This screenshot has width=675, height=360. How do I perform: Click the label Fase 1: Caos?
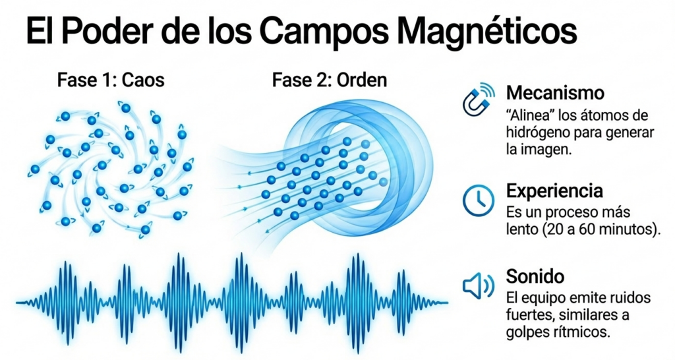(111, 82)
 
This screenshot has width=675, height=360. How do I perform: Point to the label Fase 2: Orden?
(330, 82)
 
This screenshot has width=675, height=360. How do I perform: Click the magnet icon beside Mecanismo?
(479, 100)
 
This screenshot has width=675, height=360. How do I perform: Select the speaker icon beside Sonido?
(479, 285)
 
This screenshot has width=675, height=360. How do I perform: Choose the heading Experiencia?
(554, 191)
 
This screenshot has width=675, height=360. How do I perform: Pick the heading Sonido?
(535, 275)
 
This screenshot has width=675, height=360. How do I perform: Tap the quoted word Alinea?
(532, 115)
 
